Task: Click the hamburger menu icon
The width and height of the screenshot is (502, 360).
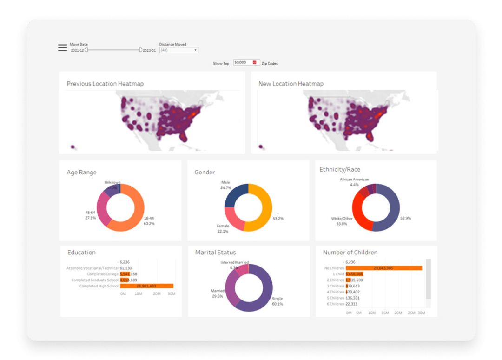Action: pyautogui.click(x=62, y=47)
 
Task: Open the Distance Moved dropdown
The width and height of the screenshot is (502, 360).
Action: pyautogui.click(x=179, y=50)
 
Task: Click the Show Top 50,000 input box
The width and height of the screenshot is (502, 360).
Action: pyautogui.click(x=245, y=62)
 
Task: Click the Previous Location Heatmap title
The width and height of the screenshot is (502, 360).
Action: pyautogui.click(x=105, y=84)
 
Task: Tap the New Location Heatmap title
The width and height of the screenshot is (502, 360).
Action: pyautogui.click(x=291, y=84)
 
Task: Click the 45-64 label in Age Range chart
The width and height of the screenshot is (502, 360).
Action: pyautogui.click(x=90, y=213)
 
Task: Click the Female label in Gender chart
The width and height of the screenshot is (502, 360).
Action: pyautogui.click(x=223, y=226)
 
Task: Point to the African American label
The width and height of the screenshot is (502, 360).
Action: pyautogui.click(x=354, y=179)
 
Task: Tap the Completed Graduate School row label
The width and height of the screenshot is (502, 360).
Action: pyautogui.click(x=95, y=280)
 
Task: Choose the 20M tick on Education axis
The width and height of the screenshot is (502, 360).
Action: pyautogui.click(x=157, y=294)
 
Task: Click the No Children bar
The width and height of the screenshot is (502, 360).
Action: pyautogui.click(x=390, y=268)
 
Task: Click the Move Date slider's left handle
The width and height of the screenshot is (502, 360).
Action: pyautogui.click(x=86, y=50)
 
